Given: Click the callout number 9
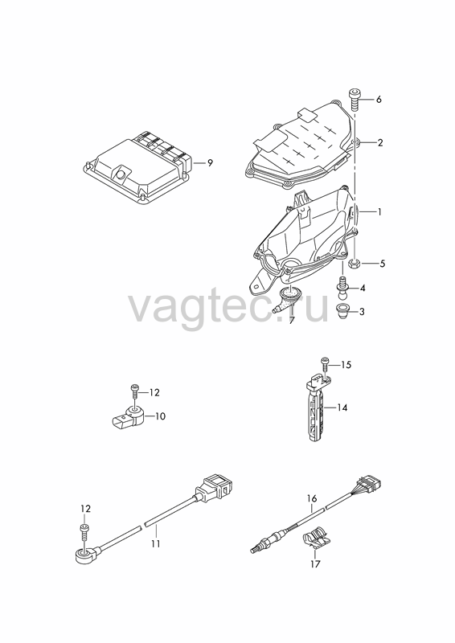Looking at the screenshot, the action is point(210,163).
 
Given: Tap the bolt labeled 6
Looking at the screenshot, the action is point(355,99).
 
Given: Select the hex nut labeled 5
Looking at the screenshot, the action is point(355,263).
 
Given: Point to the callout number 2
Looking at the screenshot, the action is point(380,143).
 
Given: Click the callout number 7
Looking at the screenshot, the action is point(291,321).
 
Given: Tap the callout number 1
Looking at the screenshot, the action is point(379,212).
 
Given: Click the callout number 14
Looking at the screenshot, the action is point(342,408).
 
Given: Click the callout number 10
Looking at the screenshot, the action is point(160,416).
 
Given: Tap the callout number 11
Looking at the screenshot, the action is point(156,544).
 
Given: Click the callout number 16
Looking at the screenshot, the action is point(312,498).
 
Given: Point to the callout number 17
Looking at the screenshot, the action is point(314,564).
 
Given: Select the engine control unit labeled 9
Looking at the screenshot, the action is point(137,166).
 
